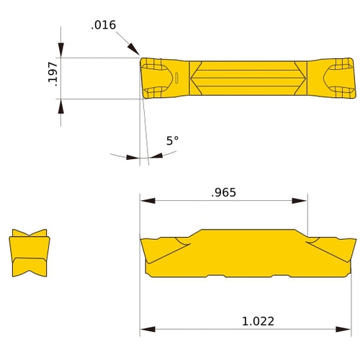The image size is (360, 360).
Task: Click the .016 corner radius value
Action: click(x=103, y=25)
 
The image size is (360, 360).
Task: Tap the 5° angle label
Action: click(x=173, y=141)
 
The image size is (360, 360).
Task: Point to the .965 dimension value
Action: click(x=223, y=192)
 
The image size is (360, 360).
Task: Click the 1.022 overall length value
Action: click(x=258, y=321)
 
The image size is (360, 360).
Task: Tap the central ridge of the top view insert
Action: click(x=248, y=78)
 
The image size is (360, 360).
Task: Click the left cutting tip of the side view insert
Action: click(x=143, y=241)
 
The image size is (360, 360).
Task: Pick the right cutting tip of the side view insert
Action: click(x=354, y=241)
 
